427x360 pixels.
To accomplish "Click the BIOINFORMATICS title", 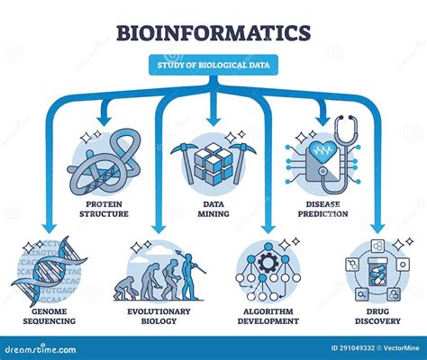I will point(213,33).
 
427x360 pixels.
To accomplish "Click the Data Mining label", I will point(213,209).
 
